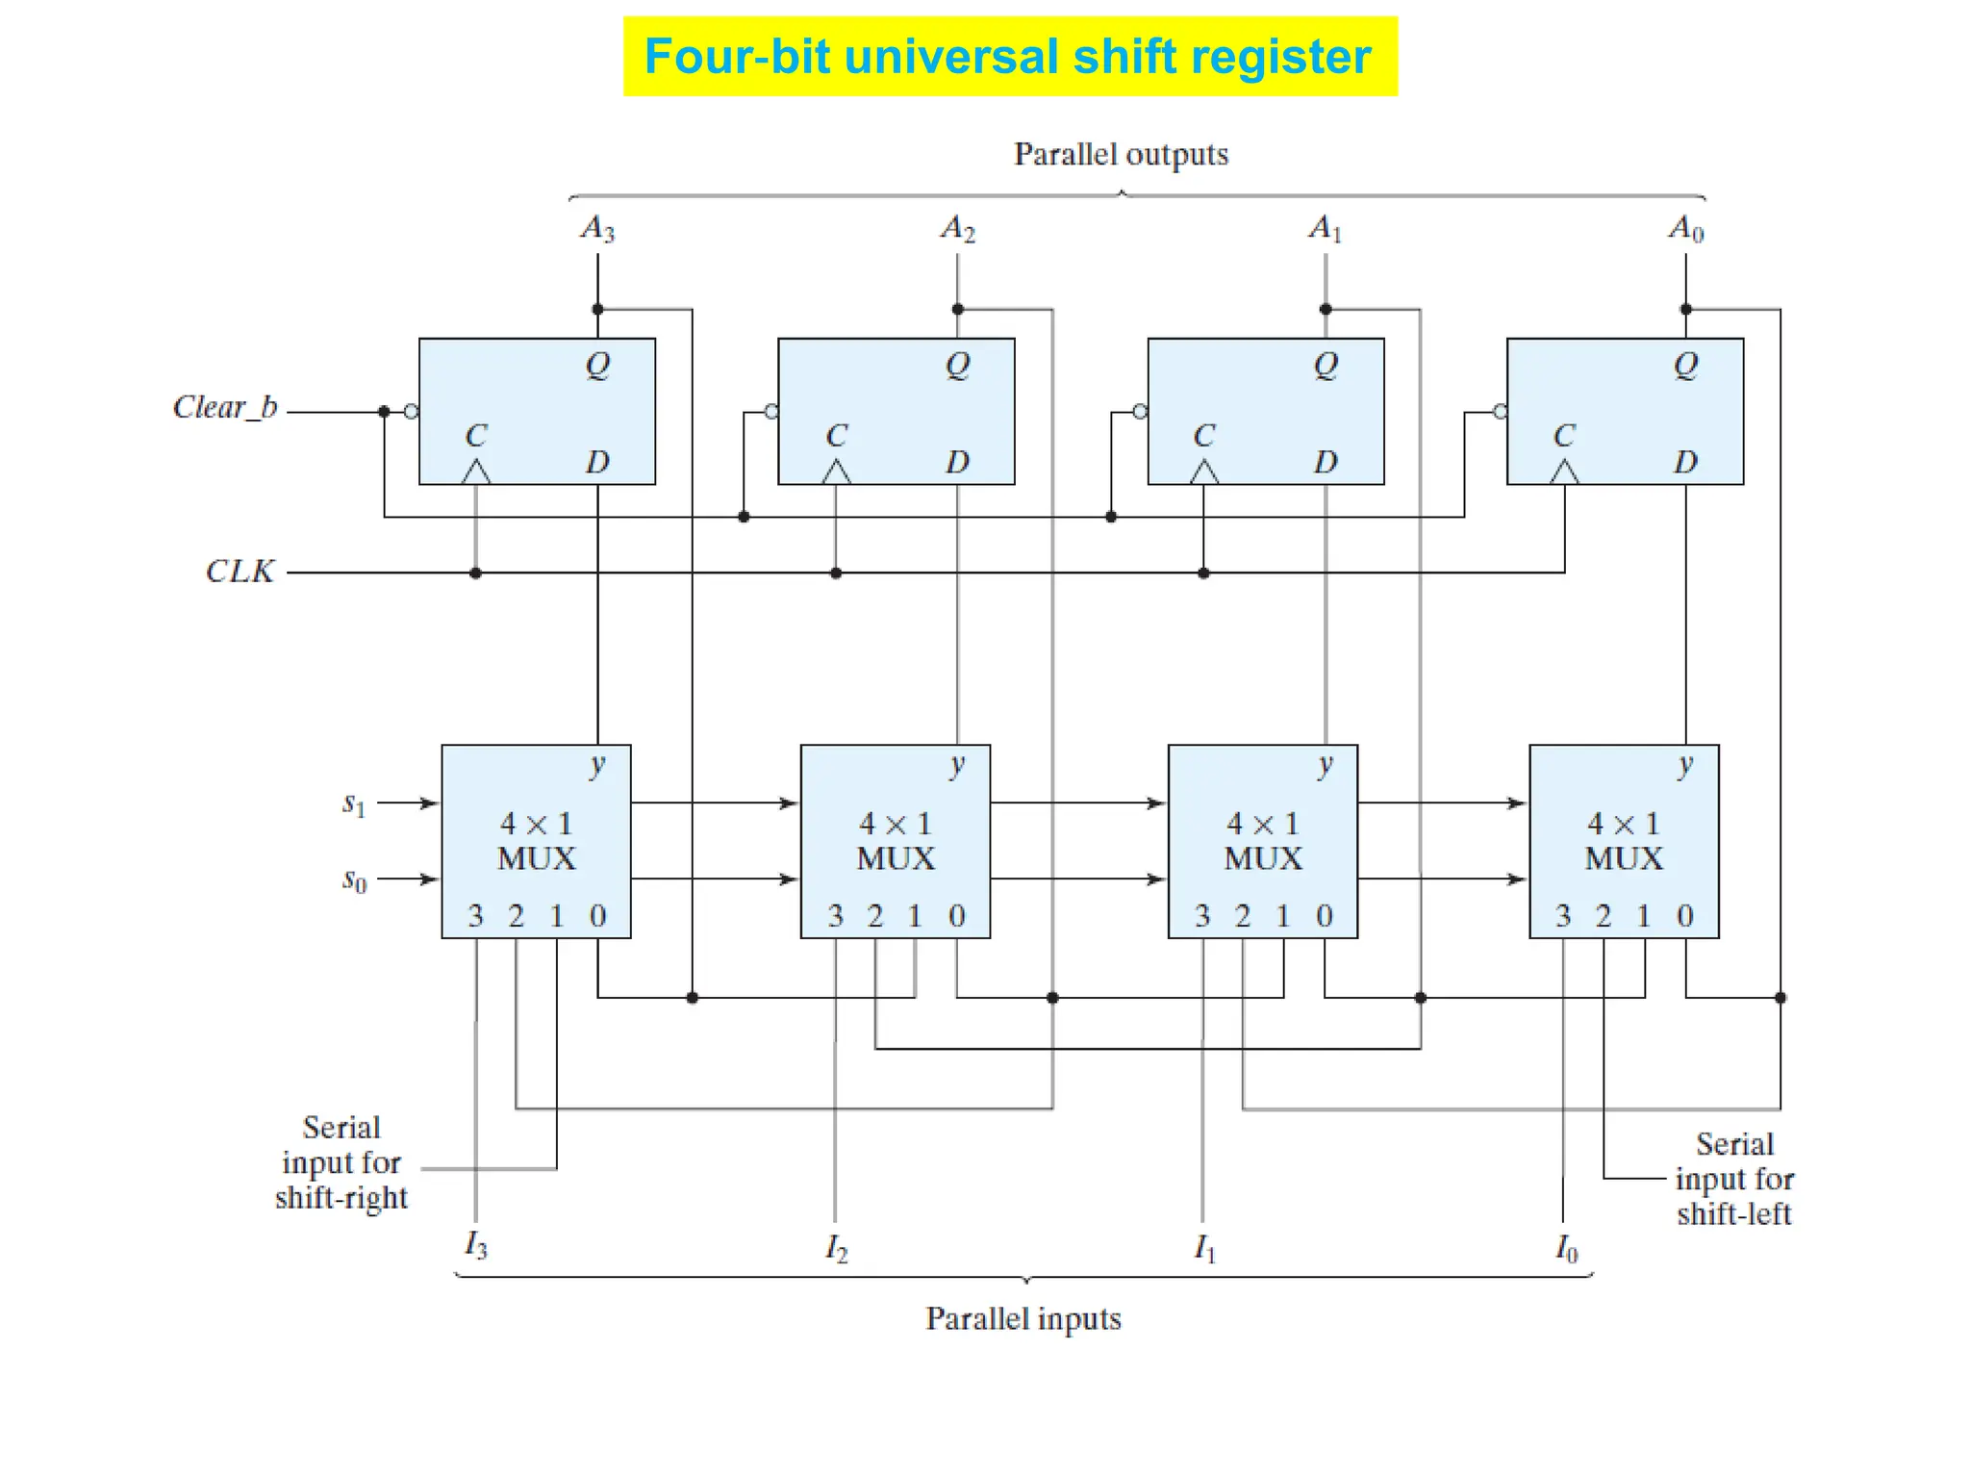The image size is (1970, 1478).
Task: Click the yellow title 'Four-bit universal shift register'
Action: click(x=1008, y=56)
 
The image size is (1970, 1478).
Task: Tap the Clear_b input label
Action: click(x=225, y=407)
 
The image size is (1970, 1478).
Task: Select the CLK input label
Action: click(x=240, y=572)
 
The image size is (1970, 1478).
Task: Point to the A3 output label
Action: click(x=597, y=229)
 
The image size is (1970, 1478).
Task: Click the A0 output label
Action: click(x=1686, y=229)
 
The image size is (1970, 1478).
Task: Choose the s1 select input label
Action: click(x=354, y=803)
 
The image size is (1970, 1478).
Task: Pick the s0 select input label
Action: click(x=354, y=879)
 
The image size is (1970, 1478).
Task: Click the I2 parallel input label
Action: click(x=836, y=1248)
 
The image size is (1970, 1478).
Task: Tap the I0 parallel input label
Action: click(x=1566, y=1248)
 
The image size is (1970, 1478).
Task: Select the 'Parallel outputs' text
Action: click(x=1121, y=154)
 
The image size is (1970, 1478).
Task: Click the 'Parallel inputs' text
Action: click(x=1023, y=1317)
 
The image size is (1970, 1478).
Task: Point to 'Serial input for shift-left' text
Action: click(x=1733, y=1179)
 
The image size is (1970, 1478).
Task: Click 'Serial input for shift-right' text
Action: click(x=341, y=1162)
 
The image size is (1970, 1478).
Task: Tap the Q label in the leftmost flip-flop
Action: click(x=597, y=365)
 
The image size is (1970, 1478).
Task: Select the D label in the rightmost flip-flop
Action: click(x=1685, y=462)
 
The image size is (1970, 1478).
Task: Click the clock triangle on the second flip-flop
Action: click(x=836, y=472)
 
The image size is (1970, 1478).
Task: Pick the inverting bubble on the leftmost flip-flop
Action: click(x=412, y=412)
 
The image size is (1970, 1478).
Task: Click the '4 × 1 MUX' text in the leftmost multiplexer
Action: click(x=536, y=840)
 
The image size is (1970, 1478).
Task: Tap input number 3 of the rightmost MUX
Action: click(x=1563, y=915)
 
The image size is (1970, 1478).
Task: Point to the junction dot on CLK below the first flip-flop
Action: click(x=475, y=573)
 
